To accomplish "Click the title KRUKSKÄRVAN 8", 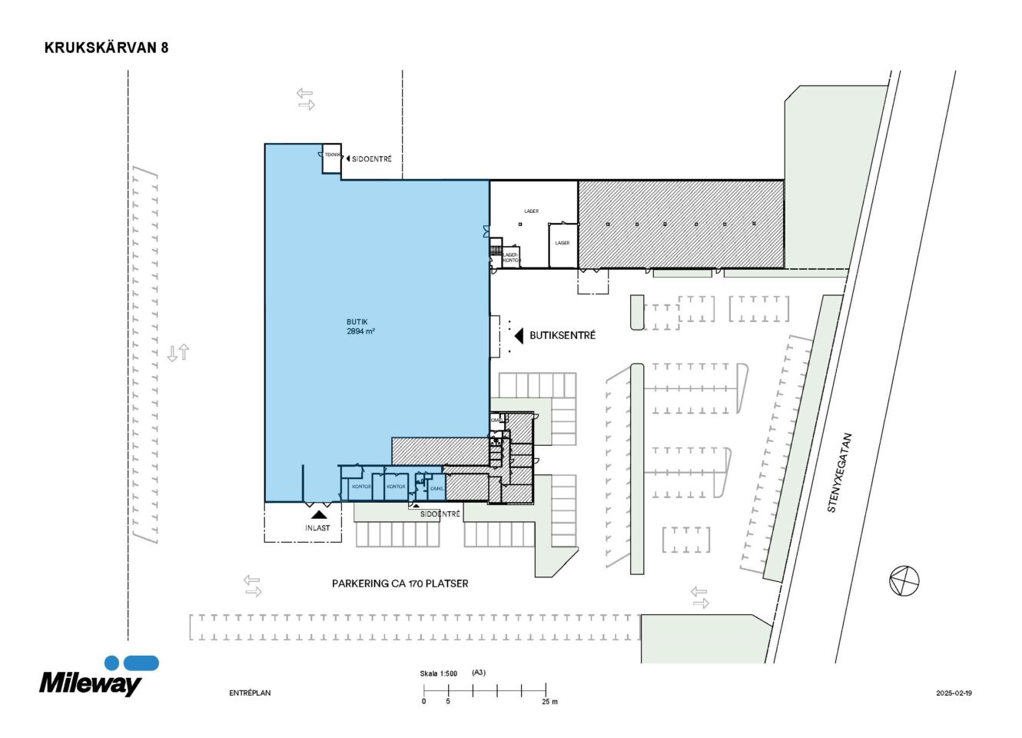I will (106, 48).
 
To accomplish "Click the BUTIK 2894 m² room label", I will (360, 327).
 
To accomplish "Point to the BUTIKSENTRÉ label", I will (562, 336).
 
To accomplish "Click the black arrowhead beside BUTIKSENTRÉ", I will (519, 336).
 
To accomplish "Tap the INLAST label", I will (317, 528).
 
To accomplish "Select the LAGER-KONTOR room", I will (511, 258).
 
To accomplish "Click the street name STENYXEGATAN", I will (839, 473).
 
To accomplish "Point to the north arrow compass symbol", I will (904, 580).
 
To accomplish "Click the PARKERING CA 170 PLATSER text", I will (400, 583).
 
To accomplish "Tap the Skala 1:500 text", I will (438, 673).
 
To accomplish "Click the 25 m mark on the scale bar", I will (549, 701).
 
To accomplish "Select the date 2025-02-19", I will (954, 693).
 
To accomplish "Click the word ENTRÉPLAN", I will (250, 693).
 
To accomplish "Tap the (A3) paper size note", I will (479, 673).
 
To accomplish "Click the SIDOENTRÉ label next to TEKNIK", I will (372, 159).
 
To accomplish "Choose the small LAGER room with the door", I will (562, 244).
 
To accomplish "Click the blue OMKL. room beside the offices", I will (436, 488).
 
